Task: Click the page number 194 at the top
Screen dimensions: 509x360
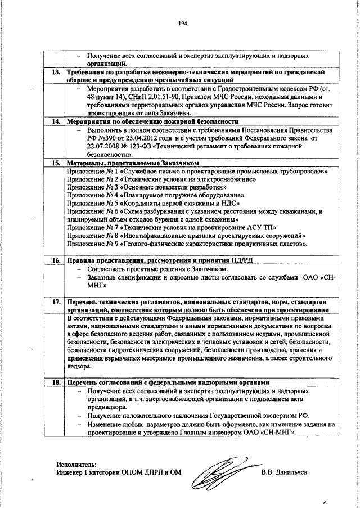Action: coord(182,23)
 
